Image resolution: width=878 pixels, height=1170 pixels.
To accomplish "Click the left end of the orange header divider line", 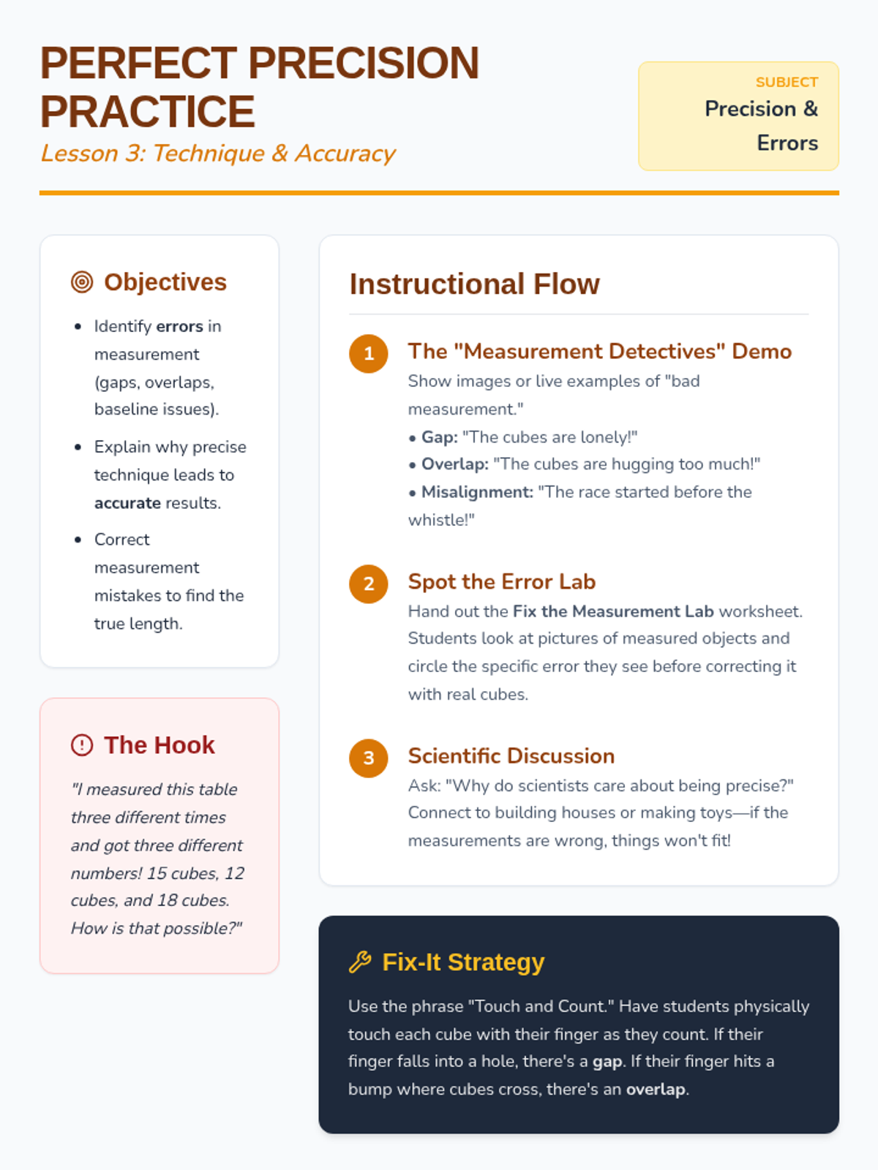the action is [x=40, y=193].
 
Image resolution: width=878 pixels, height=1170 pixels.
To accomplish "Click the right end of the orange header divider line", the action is [x=839, y=193].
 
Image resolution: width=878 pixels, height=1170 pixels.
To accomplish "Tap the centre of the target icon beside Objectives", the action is [x=82, y=282].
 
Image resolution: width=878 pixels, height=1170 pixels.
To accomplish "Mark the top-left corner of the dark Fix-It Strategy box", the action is [x=319, y=916].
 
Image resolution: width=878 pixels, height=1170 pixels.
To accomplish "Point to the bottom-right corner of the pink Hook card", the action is [x=279, y=973].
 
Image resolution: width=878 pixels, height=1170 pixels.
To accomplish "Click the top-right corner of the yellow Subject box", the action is [x=838, y=62].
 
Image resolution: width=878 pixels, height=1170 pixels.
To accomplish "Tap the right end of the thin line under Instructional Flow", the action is [x=808, y=314].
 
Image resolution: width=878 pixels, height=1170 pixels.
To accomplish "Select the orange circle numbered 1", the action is [x=368, y=354].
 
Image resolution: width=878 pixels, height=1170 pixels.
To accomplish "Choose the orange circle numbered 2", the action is [x=368, y=584].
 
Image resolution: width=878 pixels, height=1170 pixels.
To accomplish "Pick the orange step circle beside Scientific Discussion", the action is [x=368, y=758].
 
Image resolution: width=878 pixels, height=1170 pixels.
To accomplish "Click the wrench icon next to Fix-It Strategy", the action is [x=360, y=962].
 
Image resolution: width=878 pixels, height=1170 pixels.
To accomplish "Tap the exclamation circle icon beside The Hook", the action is [x=82, y=745].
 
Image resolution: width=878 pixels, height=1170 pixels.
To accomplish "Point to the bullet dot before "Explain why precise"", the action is [x=78, y=448].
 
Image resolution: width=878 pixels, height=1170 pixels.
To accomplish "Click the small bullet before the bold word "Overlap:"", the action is [x=412, y=465].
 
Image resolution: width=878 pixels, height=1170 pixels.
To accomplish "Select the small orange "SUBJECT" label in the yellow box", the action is [x=787, y=83].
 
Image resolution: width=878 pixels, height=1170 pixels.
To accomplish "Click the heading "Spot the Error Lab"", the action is [x=502, y=581].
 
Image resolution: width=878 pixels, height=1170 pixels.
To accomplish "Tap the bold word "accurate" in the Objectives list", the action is [x=127, y=503].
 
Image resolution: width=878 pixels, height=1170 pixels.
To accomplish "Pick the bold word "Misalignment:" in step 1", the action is [x=478, y=492].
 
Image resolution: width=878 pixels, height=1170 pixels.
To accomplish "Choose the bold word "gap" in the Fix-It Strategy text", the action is [x=608, y=1062].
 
